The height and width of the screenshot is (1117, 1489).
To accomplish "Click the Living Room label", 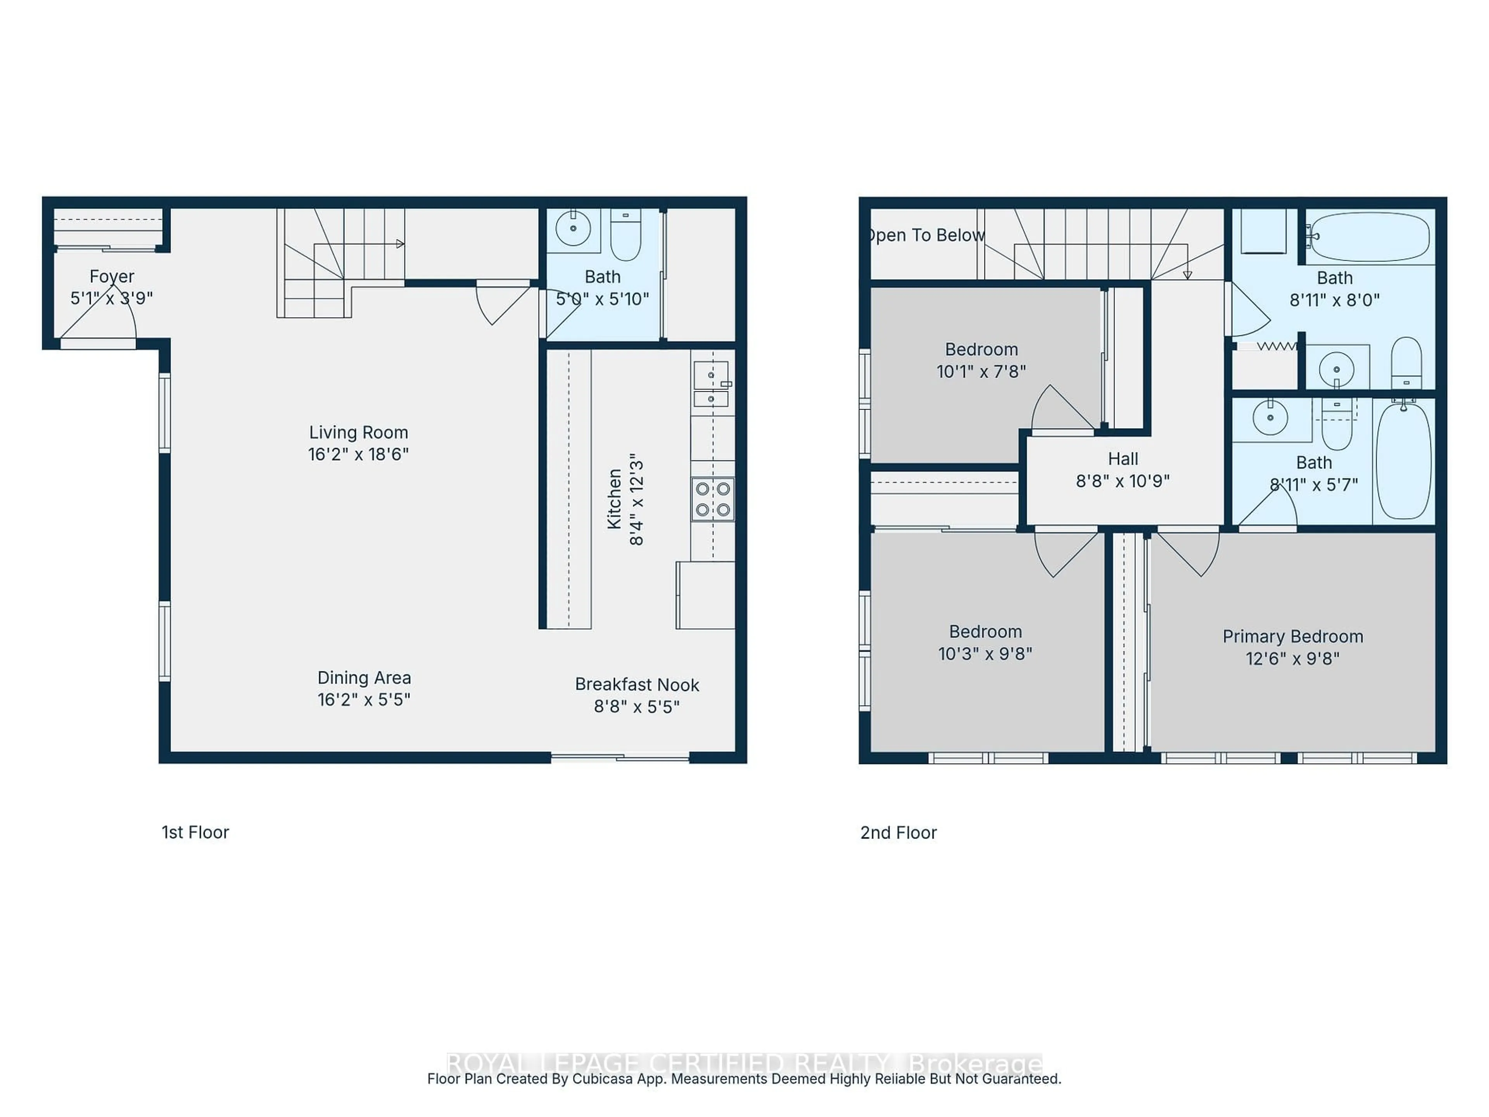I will point(358,432).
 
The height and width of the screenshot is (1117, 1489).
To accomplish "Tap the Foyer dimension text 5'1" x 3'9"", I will point(112,298).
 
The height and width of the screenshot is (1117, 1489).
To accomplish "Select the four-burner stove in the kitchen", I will point(712,499).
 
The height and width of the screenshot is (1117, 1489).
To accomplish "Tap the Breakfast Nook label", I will point(636,685).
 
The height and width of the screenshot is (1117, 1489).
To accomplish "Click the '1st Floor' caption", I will point(195,832).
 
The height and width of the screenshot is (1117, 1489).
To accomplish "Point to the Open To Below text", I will point(926,235).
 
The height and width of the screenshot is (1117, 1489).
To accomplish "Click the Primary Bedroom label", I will point(1292,636).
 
